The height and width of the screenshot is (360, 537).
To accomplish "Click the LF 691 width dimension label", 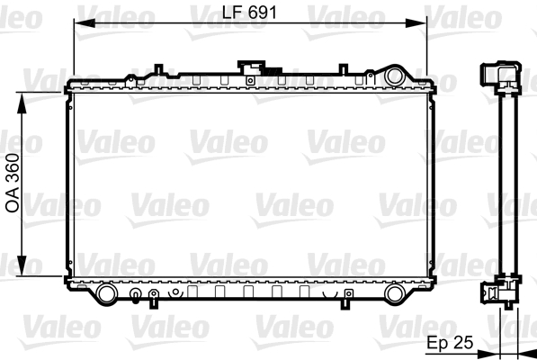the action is (249, 13).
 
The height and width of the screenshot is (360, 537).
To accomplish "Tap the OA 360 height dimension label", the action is (13, 184).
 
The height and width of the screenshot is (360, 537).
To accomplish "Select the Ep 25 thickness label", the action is (450, 342).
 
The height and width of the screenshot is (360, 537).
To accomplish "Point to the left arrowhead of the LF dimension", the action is (85, 23).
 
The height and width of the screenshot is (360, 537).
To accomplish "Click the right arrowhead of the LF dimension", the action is (416, 23).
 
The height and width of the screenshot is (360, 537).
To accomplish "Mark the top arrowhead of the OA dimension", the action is (22, 103).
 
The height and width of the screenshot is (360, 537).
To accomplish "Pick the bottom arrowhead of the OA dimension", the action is (22, 265).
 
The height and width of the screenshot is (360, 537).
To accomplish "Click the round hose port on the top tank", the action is (395, 76).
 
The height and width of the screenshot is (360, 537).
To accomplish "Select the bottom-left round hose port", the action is (107, 294).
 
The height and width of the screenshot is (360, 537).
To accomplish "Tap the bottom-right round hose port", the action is (395, 294).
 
